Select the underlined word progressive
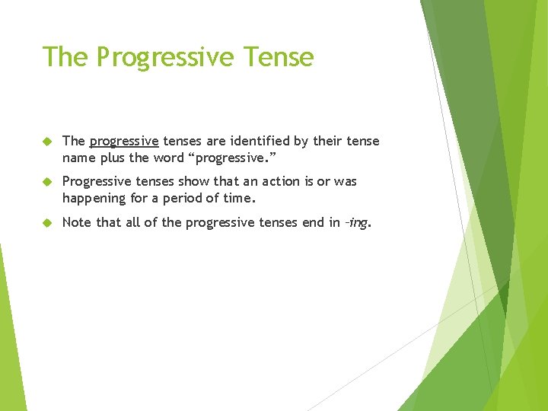pyautogui.click(x=124, y=142)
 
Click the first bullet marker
pyautogui.click(x=46, y=142)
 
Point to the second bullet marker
pyautogui.click(x=46, y=182)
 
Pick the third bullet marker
pyautogui.click(x=46, y=222)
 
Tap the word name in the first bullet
pyautogui.click(x=78, y=158)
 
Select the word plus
pyautogui.click(x=113, y=158)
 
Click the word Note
pyautogui.click(x=77, y=222)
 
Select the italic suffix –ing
pyautogui.click(x=357, y=222)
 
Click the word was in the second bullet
pyautogui.click(x=346, y=181)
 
